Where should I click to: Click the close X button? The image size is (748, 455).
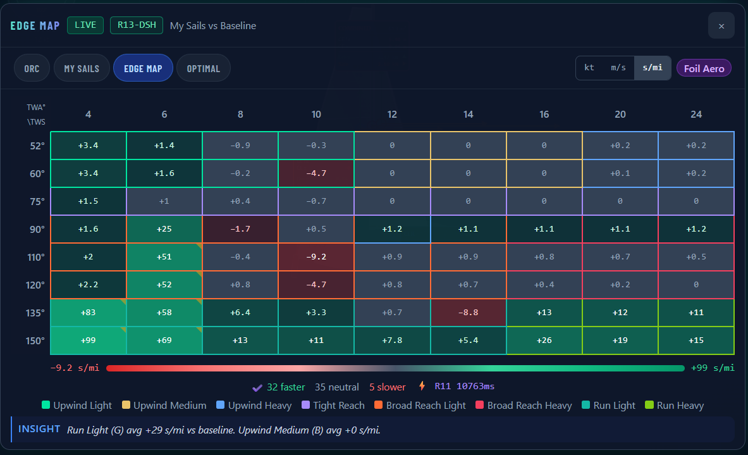[721, 26]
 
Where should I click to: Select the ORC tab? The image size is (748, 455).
[32, 68]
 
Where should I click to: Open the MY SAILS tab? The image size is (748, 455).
[82, 68]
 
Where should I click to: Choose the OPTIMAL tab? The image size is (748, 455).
[203, 68]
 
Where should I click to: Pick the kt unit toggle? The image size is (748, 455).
[589, 68]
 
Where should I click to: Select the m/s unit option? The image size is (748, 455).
[618, 68]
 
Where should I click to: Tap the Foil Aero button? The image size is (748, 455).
[704, 68]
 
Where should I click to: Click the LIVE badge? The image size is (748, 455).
[85, 25]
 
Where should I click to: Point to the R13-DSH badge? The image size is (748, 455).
[137, 25]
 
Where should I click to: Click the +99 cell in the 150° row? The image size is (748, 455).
[89, 340]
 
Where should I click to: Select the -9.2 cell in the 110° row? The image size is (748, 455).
[316, 257]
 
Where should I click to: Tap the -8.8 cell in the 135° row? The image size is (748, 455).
[468, 313]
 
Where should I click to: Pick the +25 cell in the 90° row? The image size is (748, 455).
[164, 229]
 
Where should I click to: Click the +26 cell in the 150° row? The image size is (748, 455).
[544, 340]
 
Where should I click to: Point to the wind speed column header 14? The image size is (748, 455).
[468, 115]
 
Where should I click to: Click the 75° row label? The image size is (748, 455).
[37, 201]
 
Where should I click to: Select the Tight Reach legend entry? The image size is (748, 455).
[333, 406]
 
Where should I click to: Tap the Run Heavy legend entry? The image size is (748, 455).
[675, 406]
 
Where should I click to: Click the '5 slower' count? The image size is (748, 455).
[388, 387]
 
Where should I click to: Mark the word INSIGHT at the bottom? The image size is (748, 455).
[39, 429]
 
